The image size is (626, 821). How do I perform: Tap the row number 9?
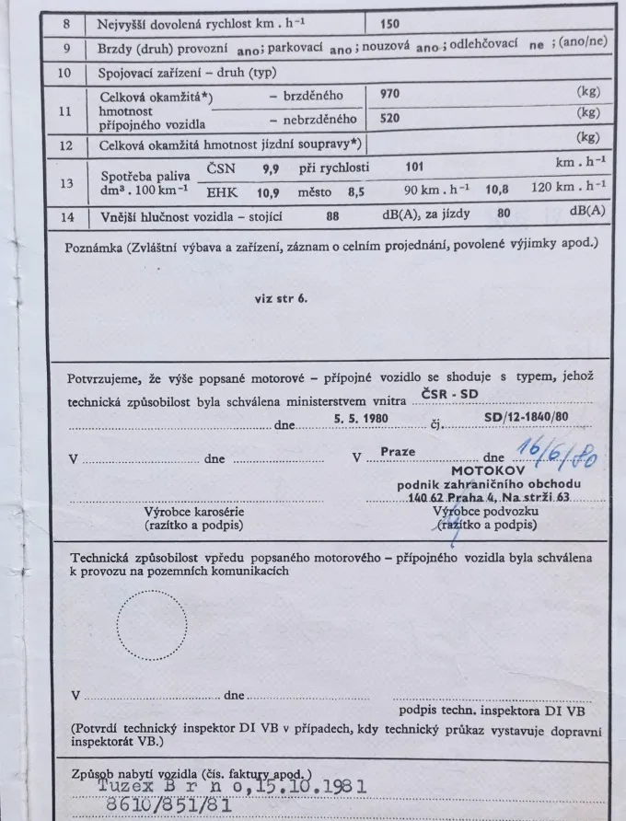click(x=66, y=47)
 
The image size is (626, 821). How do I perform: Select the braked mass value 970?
click(x=391, y=94)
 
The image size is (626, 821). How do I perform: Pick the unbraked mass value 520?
click(x=391, y=118)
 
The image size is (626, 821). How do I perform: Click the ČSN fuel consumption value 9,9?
click(x=271, y=168)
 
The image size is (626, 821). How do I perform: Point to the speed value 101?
click(x=416, y=168)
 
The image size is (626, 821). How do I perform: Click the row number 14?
click(x=66, y=218)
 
